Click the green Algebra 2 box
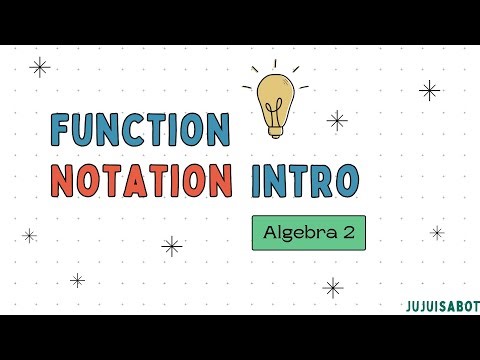click(308, 233)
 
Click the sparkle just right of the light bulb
click(337, 120)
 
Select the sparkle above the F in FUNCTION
click(40, 68)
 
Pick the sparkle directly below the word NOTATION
click(172, 246)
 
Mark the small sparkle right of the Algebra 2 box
click(437, 232)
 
